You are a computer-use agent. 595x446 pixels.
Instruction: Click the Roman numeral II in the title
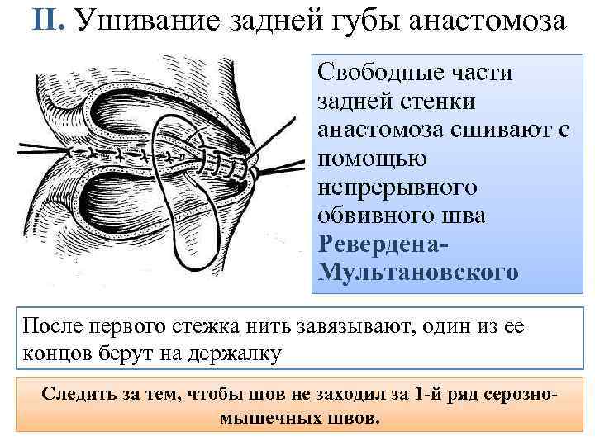[47, 21]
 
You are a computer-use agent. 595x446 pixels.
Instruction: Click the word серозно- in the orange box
[516, 391]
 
